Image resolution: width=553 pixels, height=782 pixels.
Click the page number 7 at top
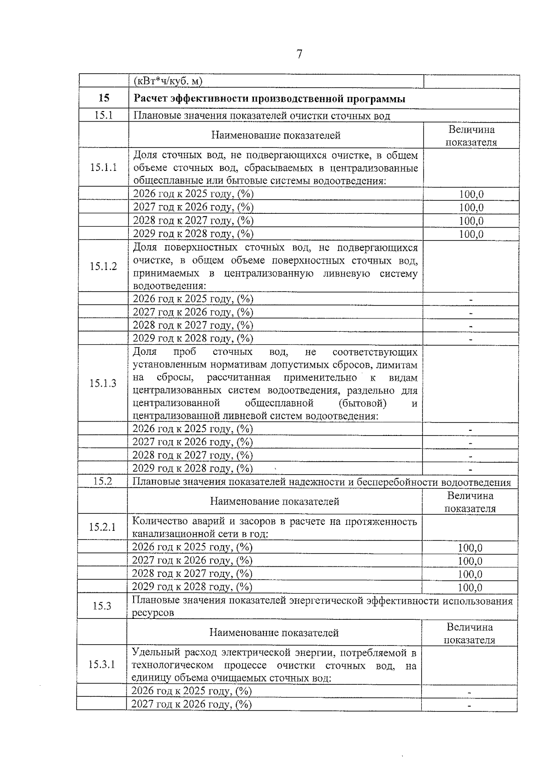(x=300, y=54)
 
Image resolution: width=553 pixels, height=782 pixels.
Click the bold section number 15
(x=104, y=98)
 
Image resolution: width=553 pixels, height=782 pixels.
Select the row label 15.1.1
(x=103, y=167)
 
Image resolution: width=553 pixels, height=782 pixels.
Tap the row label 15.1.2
(x=103, y=266)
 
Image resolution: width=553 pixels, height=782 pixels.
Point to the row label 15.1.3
(x=103, y=383)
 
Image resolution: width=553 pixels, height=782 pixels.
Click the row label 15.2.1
(x=102, y=527)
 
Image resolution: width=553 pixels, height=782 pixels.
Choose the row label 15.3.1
(x=102, y=664)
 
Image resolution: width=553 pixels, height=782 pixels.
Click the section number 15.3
(x=102, y=606)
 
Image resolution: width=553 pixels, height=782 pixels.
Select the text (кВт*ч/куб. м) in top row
(x=168, y=82)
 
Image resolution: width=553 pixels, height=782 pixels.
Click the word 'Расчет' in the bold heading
(x=150, y=99)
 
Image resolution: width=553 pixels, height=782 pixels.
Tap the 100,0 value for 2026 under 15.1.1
(x=471, y=194)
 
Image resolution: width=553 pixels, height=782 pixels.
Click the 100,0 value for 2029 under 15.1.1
(x=471, y=234)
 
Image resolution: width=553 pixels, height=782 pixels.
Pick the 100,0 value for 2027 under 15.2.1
(x=470, y=561)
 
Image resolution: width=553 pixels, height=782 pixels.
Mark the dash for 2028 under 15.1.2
(x=471, y=326)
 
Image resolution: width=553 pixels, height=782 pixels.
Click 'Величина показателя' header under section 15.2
(x=470, y=502)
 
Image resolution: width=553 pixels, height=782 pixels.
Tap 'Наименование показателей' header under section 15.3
(x=274, y=632)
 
